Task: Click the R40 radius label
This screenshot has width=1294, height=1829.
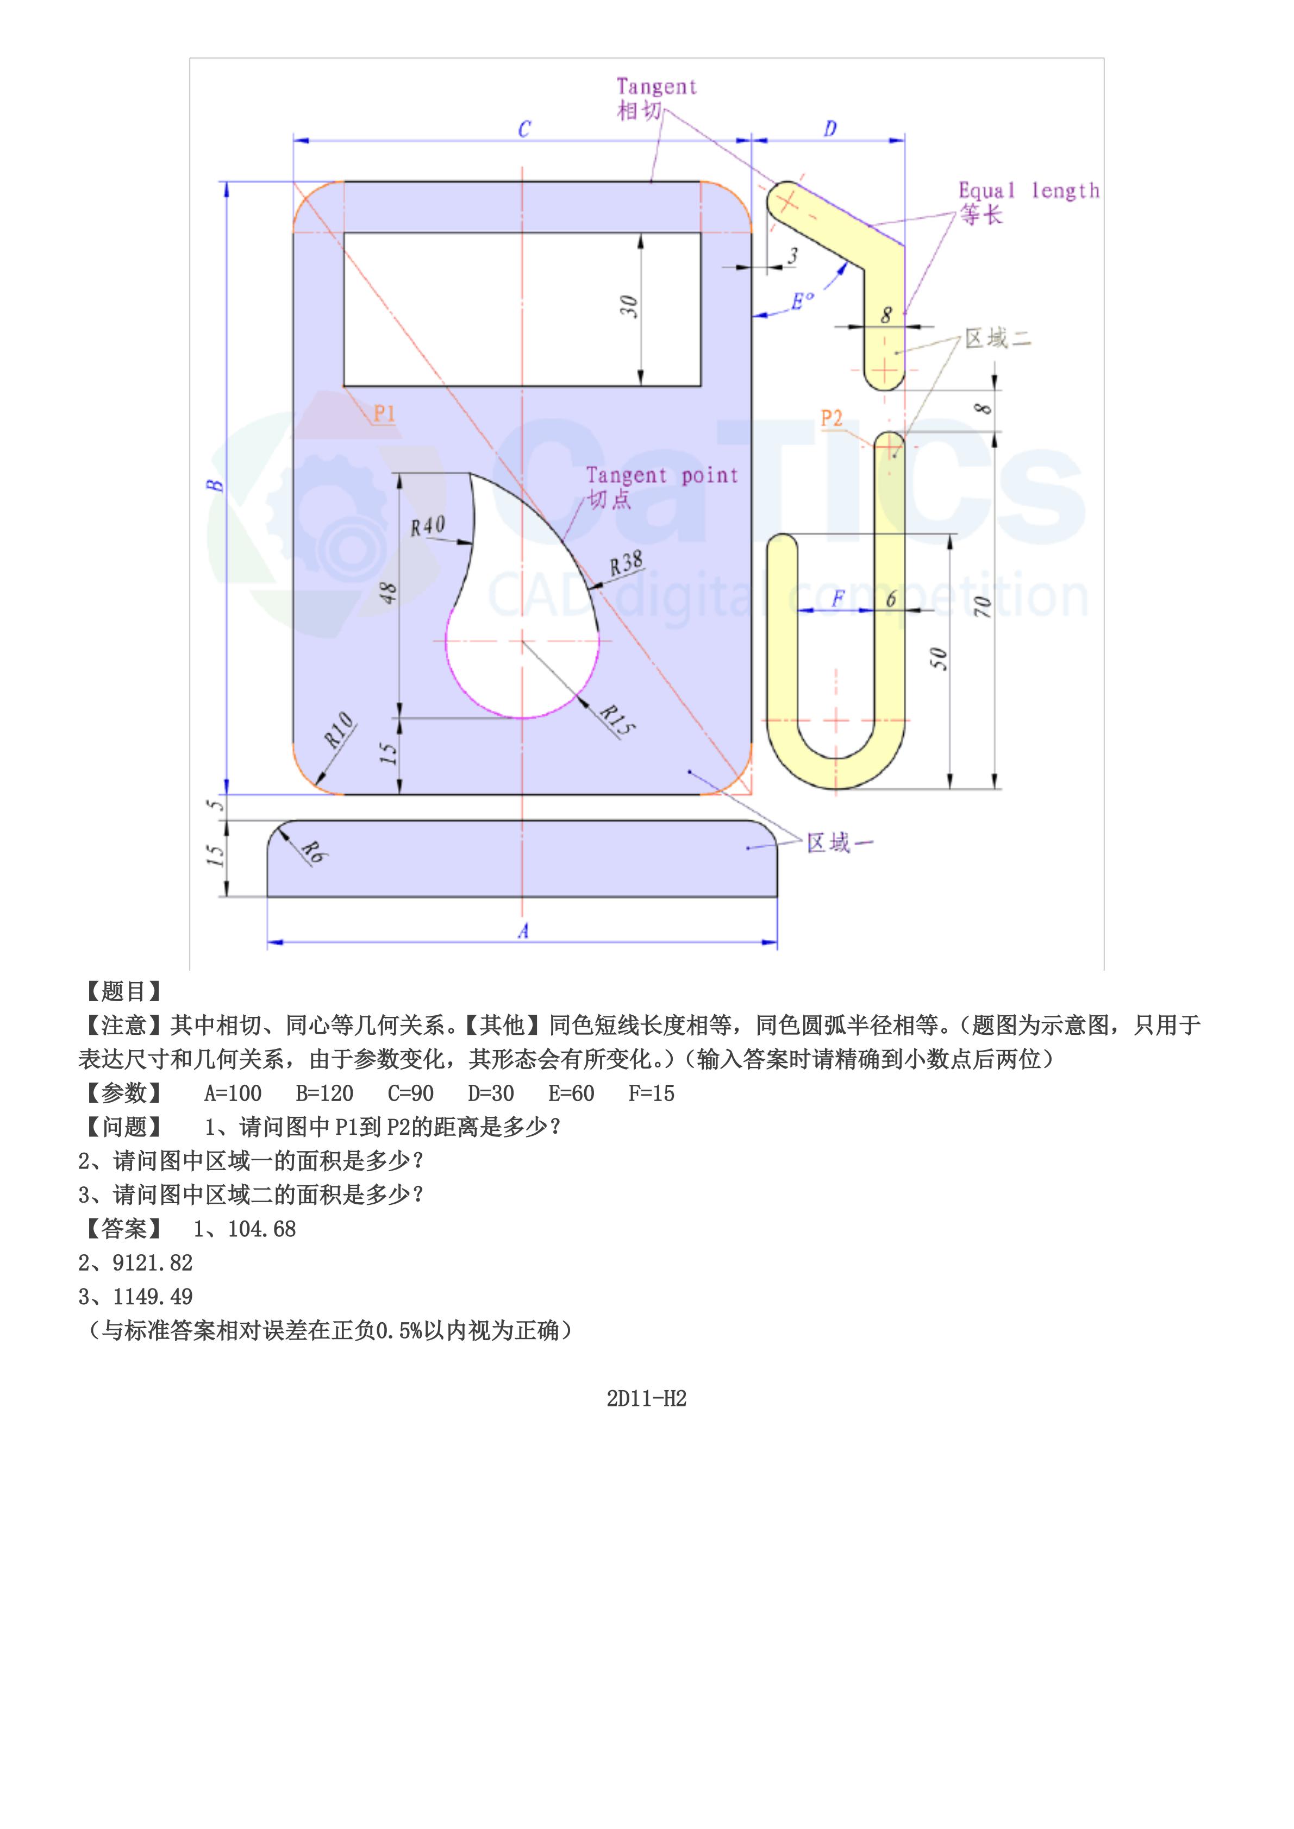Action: click(428, 526)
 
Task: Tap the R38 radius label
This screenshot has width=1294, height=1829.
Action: click(626, 563)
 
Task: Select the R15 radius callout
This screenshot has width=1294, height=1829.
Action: click(617, 719)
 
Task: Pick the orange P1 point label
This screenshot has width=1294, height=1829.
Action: click(385, 413)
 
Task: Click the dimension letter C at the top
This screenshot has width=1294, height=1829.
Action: click(524, 129)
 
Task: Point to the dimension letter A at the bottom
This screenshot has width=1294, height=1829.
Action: click(523, 931)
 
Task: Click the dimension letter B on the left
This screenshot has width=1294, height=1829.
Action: click(216, 485)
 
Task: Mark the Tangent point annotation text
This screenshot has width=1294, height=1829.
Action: click(662, 475)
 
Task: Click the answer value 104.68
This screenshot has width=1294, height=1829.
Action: click(261, 1229)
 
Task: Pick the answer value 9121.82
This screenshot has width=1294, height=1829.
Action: click(152, 1262)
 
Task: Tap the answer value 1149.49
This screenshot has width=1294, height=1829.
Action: click(152, 1297)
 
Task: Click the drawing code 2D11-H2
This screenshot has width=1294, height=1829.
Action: click(646, 1398)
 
